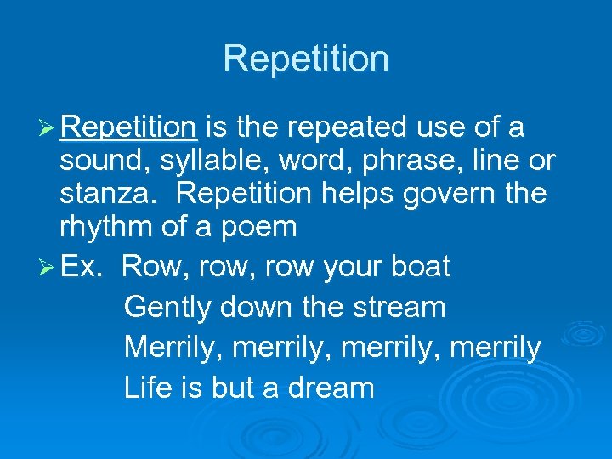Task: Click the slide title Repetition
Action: [306, 59]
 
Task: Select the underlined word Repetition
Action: [129, 127]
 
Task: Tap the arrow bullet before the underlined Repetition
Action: [47, 127]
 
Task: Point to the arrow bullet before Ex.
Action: [47, 266]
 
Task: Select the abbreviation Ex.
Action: [82, 266]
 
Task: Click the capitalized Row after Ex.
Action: [156, 266]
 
